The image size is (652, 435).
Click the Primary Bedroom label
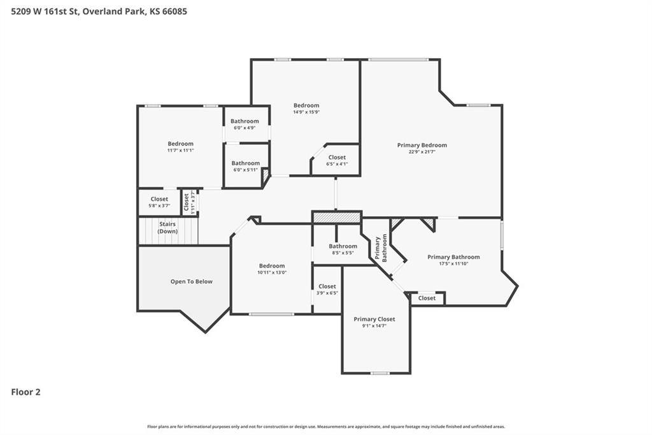click(422, 145)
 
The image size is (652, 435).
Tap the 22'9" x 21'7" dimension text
click(422, 152)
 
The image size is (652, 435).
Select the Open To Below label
click(191, 281)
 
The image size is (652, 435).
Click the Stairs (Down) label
click(167, 228)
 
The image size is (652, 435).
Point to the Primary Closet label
click(374, 319)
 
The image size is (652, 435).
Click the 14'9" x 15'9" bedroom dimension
click(306, 112)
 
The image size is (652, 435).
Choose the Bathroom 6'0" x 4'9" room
click(245, 124)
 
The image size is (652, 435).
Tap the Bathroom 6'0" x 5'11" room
click(246, 166)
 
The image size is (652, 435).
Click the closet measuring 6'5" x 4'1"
click(337, 161)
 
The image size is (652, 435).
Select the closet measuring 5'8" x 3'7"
click(159, 202)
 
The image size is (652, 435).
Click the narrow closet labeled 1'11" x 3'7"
click(189, 202)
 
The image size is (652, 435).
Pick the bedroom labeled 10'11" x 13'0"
click(272, 269)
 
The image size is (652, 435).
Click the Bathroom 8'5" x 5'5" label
click(343, 249)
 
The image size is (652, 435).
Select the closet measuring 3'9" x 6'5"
click(327, 289)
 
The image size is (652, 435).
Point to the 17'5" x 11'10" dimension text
click(453, 264)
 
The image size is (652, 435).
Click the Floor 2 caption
click(25, 392)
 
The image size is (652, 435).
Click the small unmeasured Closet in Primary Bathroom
click(427, 298)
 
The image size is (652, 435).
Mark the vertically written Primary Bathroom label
click(381, 248)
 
